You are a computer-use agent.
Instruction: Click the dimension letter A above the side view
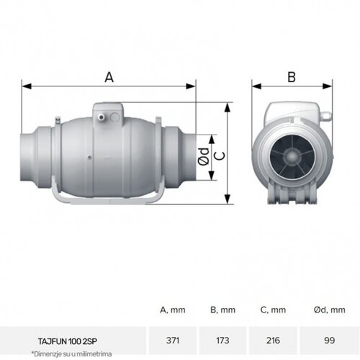109,76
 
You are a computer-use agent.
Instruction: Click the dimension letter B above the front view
292,76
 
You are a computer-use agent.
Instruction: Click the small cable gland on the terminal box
103,114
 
